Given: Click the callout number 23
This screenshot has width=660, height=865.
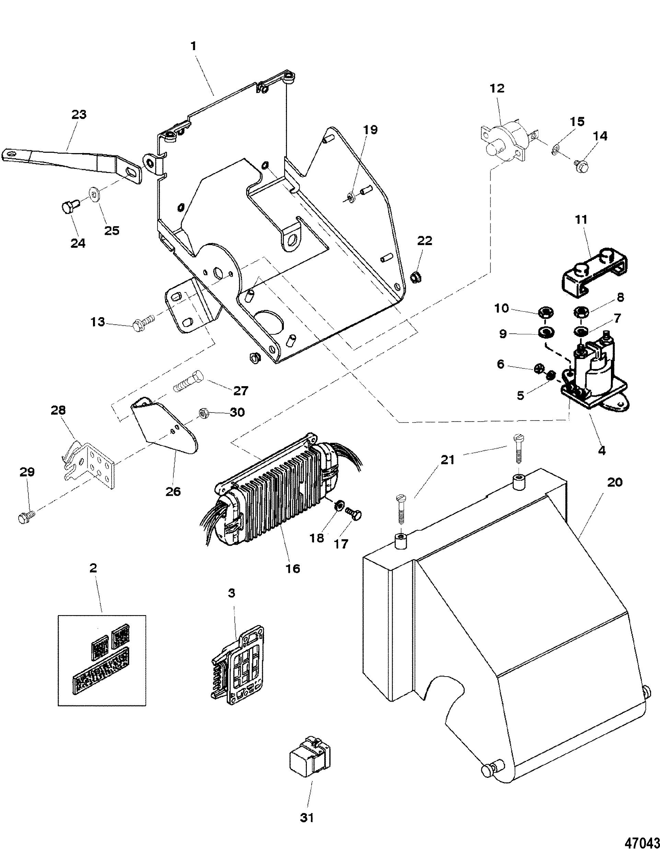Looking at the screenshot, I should pos(79,115).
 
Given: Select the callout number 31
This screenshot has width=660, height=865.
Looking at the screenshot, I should pos(307,818).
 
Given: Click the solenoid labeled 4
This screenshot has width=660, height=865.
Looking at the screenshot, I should pos(590,378).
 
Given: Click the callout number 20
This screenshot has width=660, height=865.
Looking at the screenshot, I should pos(615,482).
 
